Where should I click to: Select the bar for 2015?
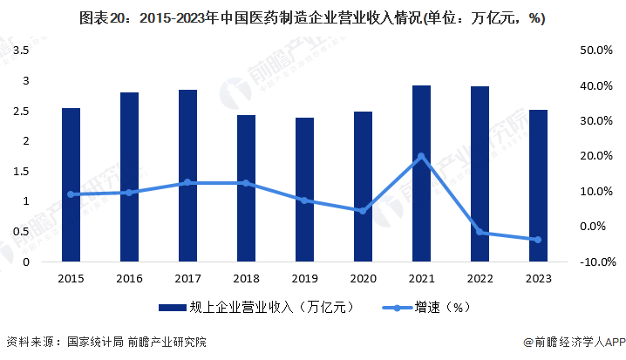pos(71,185)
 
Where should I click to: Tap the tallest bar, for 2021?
pos(421,173)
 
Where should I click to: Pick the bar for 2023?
pos(538,186)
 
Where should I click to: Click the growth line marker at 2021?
pos(421,156)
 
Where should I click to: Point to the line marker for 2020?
pos(363,211)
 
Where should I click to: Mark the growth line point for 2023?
pos(538,240)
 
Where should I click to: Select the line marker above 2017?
pos(187,182)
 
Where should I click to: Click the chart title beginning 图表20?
pos(312,17)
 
